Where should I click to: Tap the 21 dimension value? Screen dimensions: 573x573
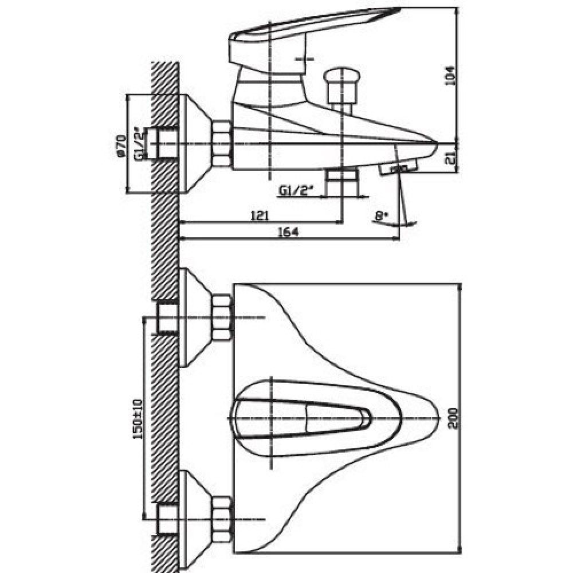pyautogui.click(x=451, y=158)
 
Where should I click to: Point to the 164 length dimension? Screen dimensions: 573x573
pyautogui.click(x=289, y=232)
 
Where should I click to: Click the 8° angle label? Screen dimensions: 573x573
pyautogui.click(x=380, y=216)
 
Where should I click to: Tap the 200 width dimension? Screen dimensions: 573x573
pyautogui.click(x=454, y=419)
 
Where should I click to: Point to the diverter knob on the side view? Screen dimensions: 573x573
pyautogui.click(x=342, y=86)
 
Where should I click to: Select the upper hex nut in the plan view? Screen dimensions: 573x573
pyautogui.click(x=222, y=317)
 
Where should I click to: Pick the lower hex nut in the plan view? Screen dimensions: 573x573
pyautogui.click(x=222, y=519)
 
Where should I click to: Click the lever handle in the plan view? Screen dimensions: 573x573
pyautogui.click(x=302, y=418)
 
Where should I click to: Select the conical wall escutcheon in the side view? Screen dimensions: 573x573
pyautogui.click(x=195, y=144)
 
